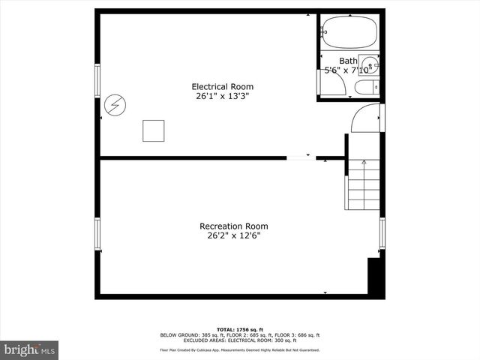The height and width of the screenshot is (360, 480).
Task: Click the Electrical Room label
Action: point(220,86)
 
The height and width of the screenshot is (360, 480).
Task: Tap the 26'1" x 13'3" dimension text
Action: point(220,96)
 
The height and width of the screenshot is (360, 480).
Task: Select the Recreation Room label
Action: point(233,226)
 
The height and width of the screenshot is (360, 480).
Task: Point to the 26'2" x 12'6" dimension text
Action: point(233,235)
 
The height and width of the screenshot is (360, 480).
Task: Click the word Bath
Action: point(348,61)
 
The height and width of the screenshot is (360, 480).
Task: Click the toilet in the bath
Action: point(367,88)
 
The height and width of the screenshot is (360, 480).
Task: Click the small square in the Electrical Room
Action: point(154,130)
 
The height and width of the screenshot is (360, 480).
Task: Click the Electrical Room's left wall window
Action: point(97,80)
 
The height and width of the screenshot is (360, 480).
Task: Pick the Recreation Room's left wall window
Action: point(97,234)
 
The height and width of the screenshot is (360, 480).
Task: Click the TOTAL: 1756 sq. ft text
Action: point(239,329)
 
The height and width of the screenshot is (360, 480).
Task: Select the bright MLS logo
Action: point(30,349)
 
